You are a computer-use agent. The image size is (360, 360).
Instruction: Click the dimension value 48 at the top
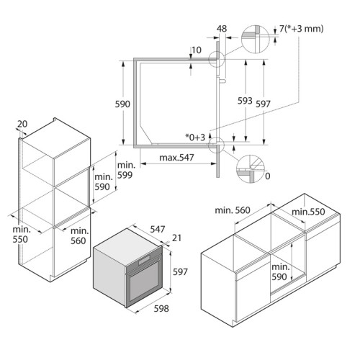(x=222, y=29)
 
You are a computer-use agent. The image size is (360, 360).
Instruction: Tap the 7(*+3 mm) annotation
(x=302, y=29)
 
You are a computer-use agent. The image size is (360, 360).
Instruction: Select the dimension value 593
(x=245, y=101)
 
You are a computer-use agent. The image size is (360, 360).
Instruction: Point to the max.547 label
(x=176, y=158)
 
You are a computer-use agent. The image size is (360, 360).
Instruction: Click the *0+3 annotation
(x=195, y=138)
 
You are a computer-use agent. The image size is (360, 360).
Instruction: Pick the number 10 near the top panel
(x=197, y=50)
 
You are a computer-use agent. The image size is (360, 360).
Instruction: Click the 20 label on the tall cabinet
(x=22, y=124)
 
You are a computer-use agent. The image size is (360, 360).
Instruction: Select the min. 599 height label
(x=126, y=170)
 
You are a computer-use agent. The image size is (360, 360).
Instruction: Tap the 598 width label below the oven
(x=161, y=308)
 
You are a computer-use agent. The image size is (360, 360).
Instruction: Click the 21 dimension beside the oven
(x=176, y=238)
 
